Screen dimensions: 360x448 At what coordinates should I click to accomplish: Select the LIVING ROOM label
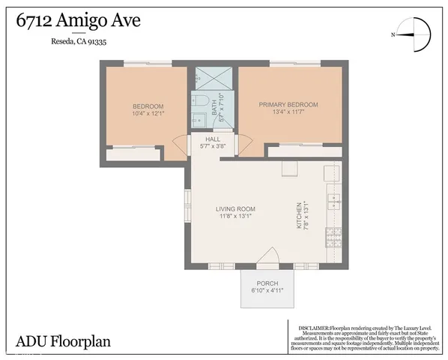236,212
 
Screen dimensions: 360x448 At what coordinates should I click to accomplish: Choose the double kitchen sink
333,201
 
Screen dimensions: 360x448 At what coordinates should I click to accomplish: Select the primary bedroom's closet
304,151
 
